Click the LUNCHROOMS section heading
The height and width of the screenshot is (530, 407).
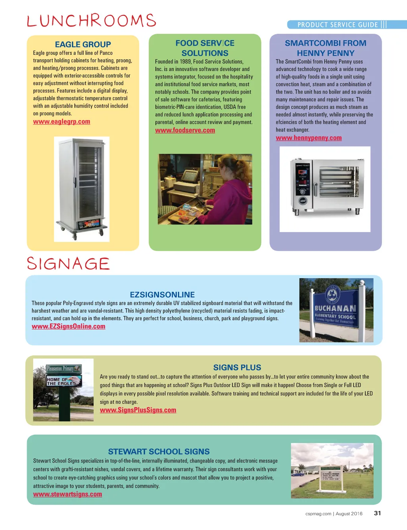click(x=91, y=21)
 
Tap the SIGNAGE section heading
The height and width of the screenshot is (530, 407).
click(x=68, y=264)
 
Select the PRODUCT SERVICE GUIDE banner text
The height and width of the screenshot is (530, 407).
click(x=337, y=25)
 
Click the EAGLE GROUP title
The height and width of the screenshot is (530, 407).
click(x=83, y=44)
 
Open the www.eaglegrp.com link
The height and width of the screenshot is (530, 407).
click(x=62, y=122)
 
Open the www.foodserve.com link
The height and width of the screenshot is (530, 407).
click(x=185, y=130)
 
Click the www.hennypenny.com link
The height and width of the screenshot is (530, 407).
click(x=309, y=138)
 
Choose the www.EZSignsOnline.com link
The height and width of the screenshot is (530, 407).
click(x=68, y=326)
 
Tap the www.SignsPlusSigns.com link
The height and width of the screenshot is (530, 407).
click(x=138, y=410)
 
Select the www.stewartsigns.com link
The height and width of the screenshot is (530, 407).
click(x=68, y=494)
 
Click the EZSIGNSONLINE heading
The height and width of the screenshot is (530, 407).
click(x=162, y=295)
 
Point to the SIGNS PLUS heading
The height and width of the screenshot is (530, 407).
click(x=237, y=368)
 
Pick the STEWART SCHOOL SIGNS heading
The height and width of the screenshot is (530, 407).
click(x=159, y=452)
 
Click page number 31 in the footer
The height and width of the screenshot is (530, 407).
click(x=377, y=513)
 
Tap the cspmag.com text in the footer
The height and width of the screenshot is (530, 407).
click(x=318, y=514)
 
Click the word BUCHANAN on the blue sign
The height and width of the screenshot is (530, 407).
click(x=335, y=308)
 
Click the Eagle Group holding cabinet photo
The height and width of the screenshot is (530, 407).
click(x=81, y=189)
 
